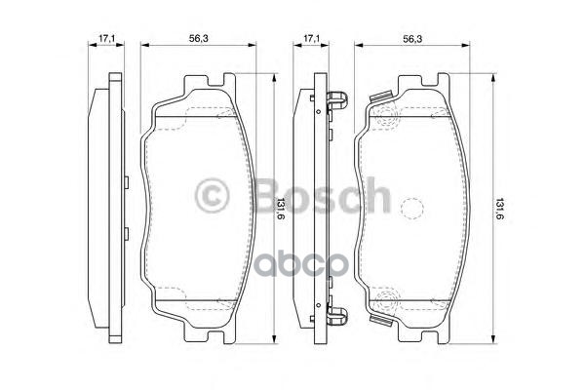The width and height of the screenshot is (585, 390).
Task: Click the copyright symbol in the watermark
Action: pyautogui.click(x=212, y=196)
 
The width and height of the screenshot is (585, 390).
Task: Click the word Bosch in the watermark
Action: pyautogui.click(x=321, y=195)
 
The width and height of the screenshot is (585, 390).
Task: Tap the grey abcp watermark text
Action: pyautogui.click(x=300, y=264)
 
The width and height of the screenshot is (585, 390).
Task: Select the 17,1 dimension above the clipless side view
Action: pyautogui.click(x=106, y=38)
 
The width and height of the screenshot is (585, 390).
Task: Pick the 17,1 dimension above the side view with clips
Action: pyautogui.click(x=311, y=38)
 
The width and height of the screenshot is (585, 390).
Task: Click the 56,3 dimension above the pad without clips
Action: pyautogui.click(x=199, y=38)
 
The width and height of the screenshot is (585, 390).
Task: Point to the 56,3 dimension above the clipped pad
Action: pyautogui.click(x=412, y=38)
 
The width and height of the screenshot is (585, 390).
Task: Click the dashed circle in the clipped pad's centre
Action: pyautogui.click(x=411, y=208)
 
